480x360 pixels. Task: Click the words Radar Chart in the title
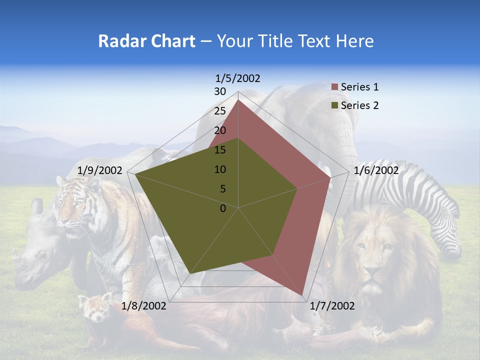[146, 41]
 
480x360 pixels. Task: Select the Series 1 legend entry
[355, 87]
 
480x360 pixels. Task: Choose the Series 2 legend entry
[355, 105]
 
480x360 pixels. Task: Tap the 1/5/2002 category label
[237, 78]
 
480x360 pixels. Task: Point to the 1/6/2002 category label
[376, 170]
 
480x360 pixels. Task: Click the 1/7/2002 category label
[332, 306]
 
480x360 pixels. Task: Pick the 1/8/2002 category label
[144, 306]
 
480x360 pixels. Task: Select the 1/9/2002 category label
[100, 170]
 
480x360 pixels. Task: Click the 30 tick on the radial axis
[220, 91]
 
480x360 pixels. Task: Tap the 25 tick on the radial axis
[220, 111]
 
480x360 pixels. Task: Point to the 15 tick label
[220, 150]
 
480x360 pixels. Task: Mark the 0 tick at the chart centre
[223, 208]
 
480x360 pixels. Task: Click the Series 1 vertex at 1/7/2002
[302, 295]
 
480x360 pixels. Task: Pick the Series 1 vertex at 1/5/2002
[238, 100]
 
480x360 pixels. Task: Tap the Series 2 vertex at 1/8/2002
[190, 273]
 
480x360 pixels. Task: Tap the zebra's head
[447, 235]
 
